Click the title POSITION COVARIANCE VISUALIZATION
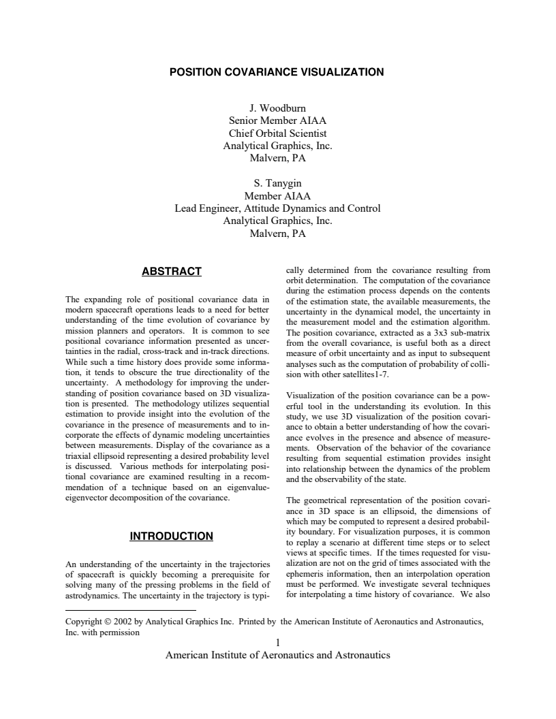click(x=277, y=71)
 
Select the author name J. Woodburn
click(x=277, y=108)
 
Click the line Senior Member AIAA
click(x=277, y=121)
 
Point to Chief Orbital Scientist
click(x=277, y=133)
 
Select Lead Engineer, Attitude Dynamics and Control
click(x=277, y=208)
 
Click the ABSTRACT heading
click(x=171, y=272)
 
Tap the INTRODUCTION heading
click(x=171, y=537)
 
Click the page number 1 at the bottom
click(x=277, y=642)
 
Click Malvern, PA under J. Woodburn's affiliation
click(x=277, y=158)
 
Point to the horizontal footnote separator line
click(x=130, y=611)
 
